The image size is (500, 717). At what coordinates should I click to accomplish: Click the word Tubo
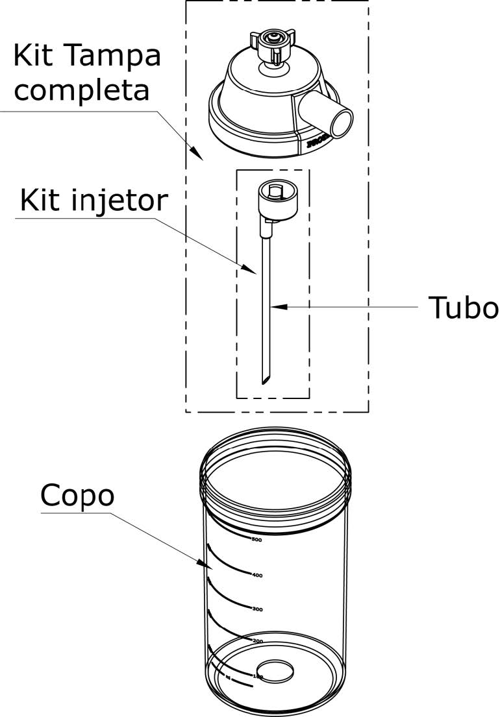coord(463,309)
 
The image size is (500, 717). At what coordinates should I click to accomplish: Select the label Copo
coord(77,496)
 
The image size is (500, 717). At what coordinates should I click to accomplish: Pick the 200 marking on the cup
coord(257,641)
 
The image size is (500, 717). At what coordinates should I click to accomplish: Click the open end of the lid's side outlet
coord(342,121)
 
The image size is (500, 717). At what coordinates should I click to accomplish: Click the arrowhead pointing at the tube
coord(275,306)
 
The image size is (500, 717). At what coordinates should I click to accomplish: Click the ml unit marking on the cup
coord(229,677)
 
